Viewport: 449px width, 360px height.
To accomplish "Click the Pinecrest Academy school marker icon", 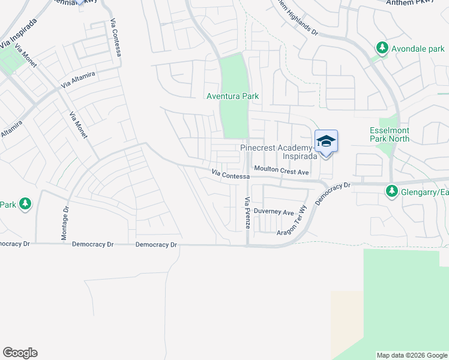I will point(326,142).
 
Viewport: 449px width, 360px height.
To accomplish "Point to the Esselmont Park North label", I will point(389,134).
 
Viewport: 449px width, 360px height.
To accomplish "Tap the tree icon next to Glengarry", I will point(392,191).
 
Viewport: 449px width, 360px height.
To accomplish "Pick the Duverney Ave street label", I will point(274,212).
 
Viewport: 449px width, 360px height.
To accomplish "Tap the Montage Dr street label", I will point(65,224).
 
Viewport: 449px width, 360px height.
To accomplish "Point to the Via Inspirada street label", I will point(18,34).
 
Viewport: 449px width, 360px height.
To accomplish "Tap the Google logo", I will point(20,353).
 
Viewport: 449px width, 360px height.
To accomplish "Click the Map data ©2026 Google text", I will point(412,355).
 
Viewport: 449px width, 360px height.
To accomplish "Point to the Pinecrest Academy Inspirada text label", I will point(276,151).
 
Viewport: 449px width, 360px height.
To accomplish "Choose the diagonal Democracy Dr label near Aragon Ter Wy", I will point(333,194).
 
